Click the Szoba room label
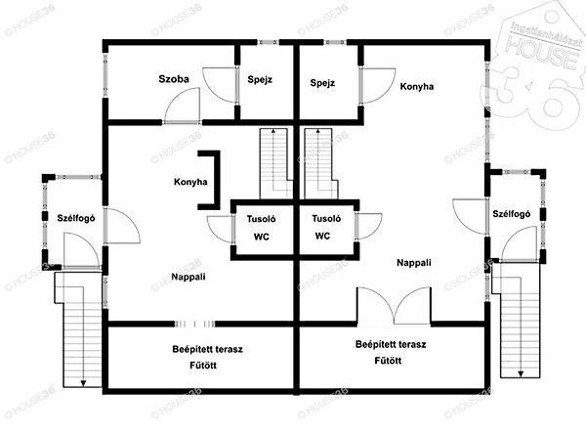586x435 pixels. click(174, 79)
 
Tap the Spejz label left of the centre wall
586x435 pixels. click(260, 80)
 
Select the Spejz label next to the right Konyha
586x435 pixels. click(322, 83)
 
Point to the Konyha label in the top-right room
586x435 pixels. click(417, 87)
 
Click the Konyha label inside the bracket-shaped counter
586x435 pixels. click(190, 182)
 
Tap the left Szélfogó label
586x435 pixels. click(76, 218)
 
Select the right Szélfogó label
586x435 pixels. click(511, 214)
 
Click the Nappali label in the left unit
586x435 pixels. click(188, 277)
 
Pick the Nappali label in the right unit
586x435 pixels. click(414, 263)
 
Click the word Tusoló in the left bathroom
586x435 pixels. click(261, 219)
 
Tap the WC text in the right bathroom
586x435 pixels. click(322, 236)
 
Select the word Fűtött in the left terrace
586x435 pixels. click(203, 365)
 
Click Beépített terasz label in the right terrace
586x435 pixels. click(391, 344)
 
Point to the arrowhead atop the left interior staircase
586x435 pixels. click(273, 131)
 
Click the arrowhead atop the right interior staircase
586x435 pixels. click(318, 131)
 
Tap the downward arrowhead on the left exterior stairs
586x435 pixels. click(83, 383)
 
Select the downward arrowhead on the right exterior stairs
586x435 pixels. click(521, 373)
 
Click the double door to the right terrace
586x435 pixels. click(394, 306)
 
